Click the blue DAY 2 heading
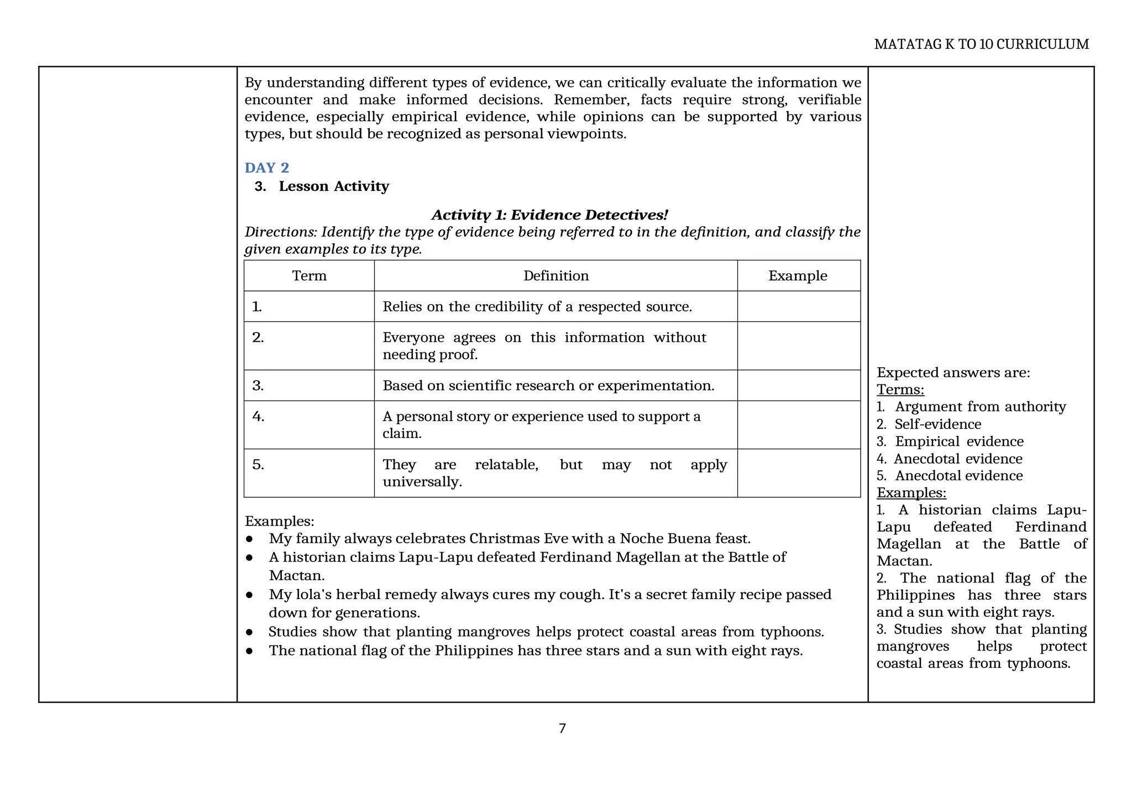266,168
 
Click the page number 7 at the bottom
562,728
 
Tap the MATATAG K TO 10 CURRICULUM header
981,44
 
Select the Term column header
309,275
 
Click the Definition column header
555,275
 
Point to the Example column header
798,275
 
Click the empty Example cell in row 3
798,385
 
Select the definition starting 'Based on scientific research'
548,385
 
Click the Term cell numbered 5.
309,472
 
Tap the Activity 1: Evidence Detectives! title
549,215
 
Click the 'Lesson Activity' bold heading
333,186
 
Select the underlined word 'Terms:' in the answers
900,389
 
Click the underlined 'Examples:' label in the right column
911,492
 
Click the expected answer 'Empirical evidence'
958,441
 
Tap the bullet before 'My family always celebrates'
249,539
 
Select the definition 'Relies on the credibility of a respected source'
537,306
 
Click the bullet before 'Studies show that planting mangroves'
249,632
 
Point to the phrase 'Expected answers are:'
953,372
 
